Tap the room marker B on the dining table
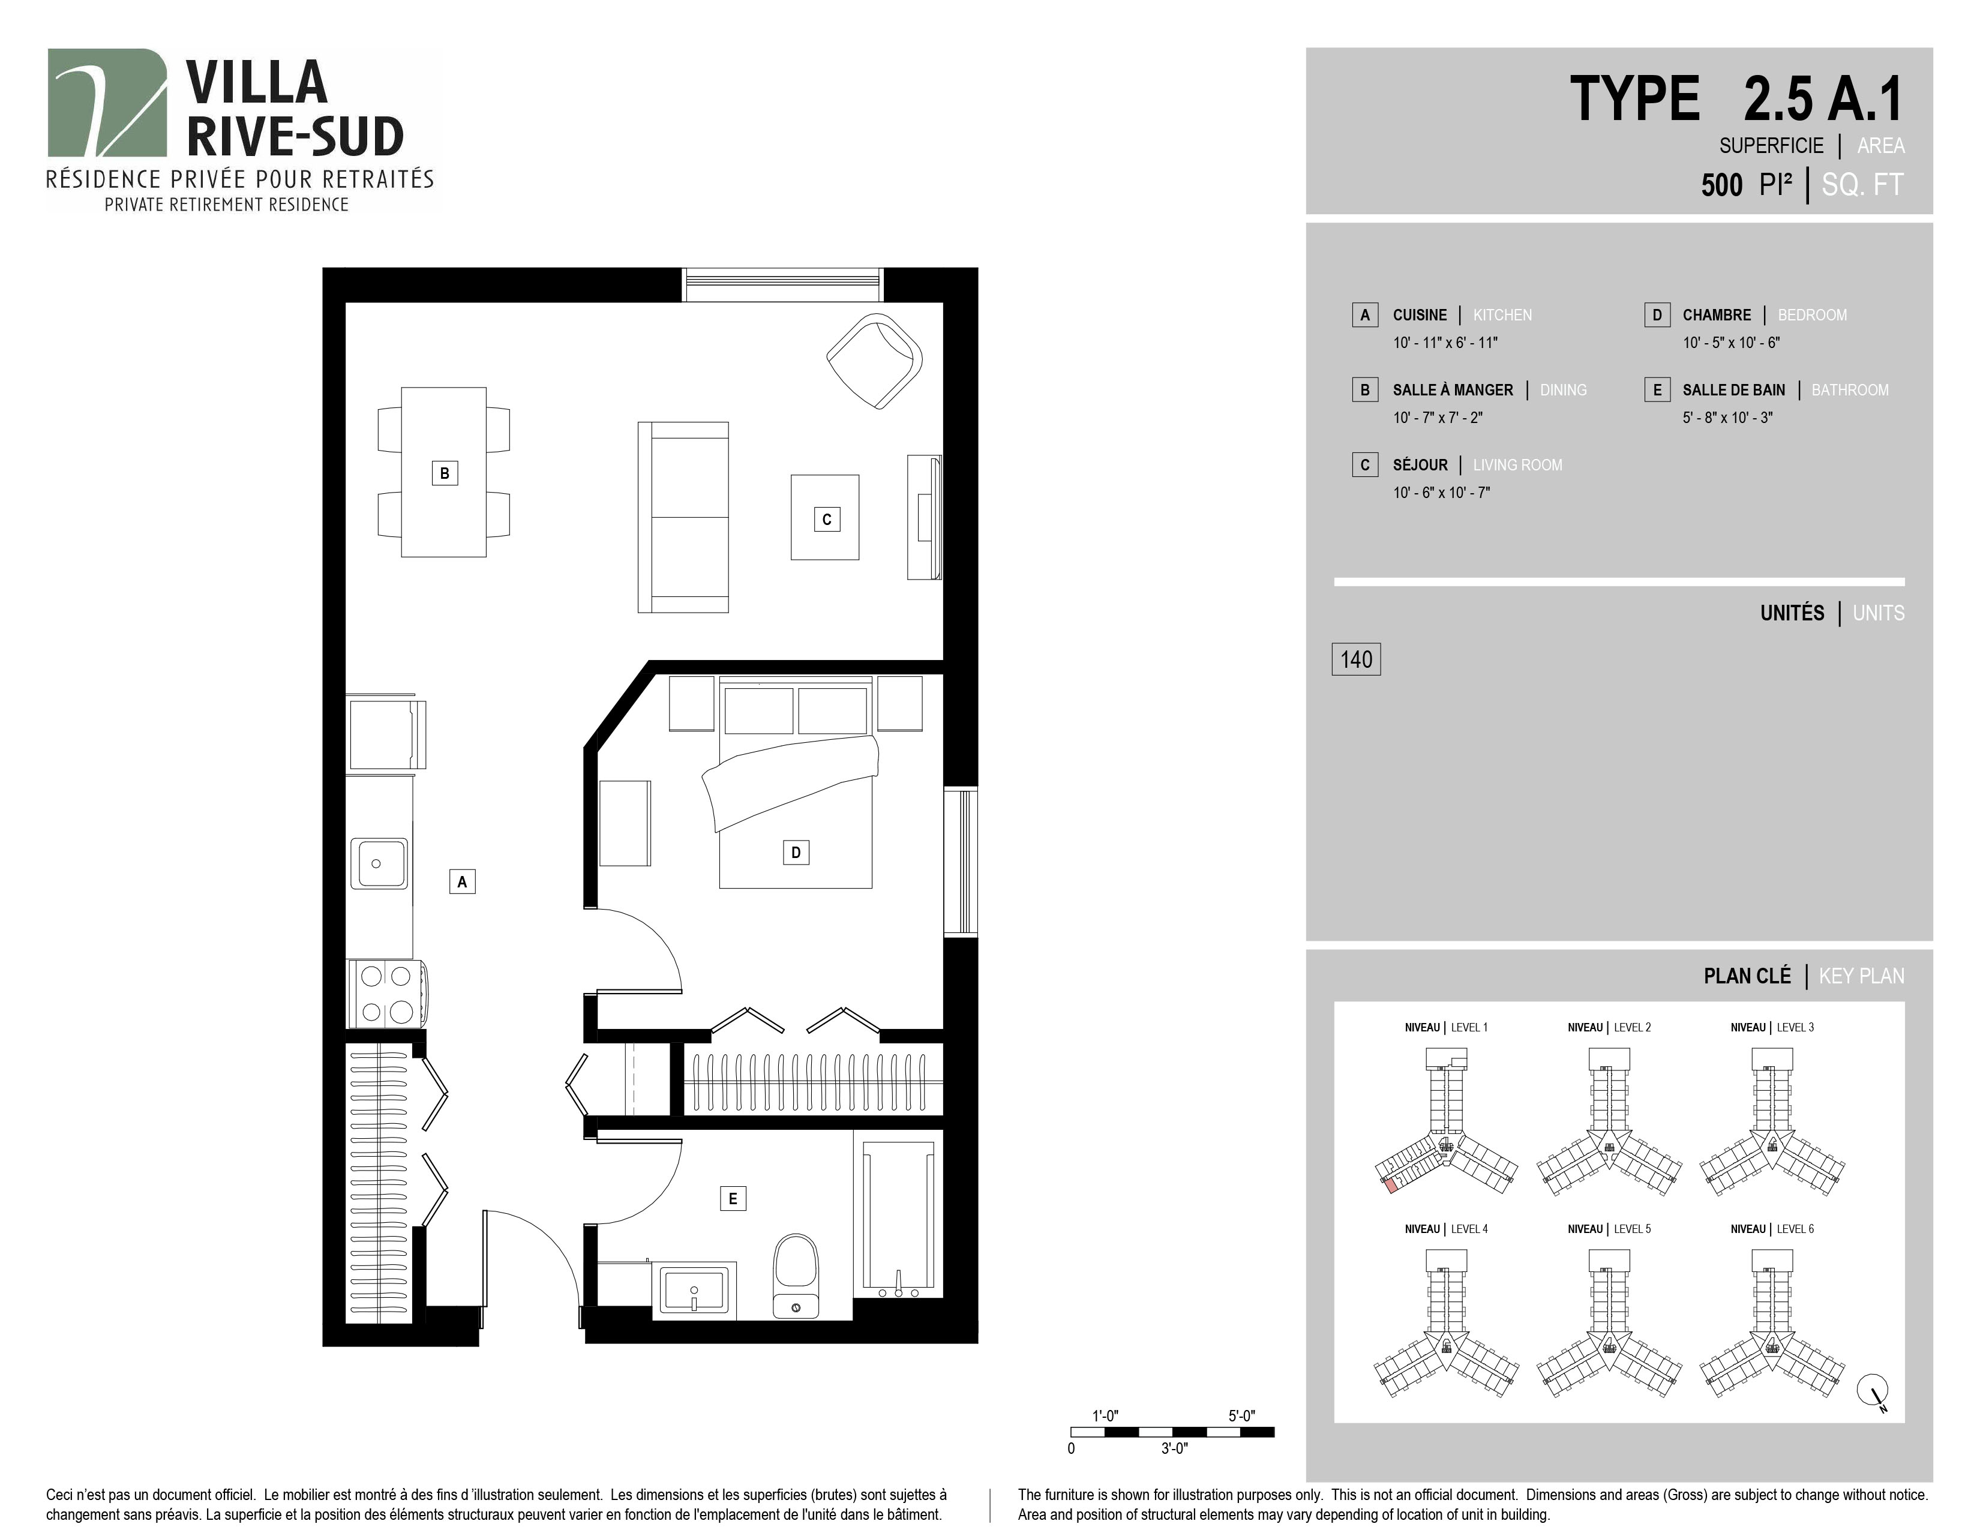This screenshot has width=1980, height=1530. tap(444, 473)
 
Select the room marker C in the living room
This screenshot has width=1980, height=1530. tap(826, 520)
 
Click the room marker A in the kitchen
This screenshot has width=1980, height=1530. tap(463, 881)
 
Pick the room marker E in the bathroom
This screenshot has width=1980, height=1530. tap(733, 1198)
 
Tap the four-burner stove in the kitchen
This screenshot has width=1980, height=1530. tap(387, 994)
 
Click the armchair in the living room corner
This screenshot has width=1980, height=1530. tap(875, 361)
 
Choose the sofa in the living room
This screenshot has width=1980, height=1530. tap(683, 517)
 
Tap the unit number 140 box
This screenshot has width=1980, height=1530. tap(1356, 659)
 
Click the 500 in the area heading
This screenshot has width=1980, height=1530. tap(1721, 185)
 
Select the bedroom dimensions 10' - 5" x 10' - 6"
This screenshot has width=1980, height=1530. tap(1732, 343)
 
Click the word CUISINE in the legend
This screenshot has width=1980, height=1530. tap(1420, 316)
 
